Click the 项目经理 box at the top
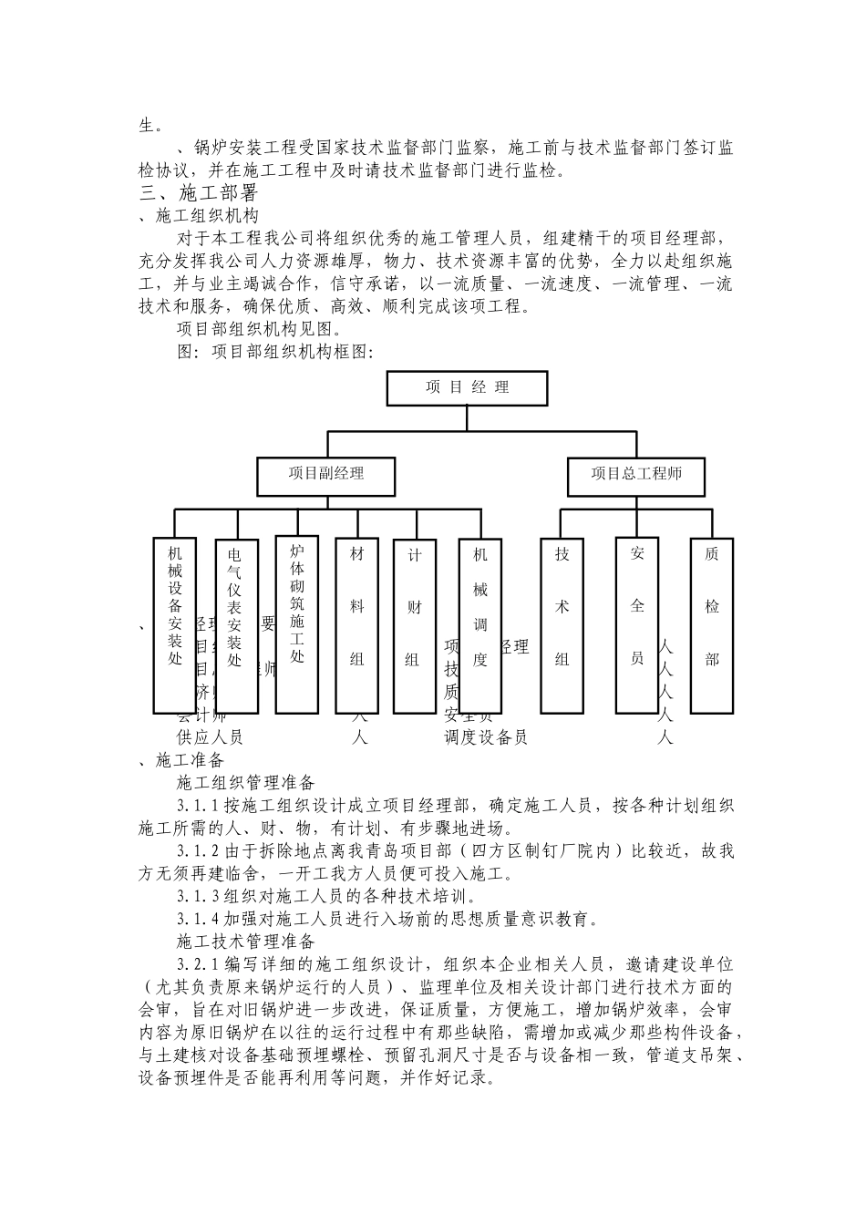pos(467,387)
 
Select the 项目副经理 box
pos(325,474)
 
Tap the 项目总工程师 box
pos(635,474)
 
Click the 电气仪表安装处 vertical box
pos(235,626)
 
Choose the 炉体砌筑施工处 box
pos(296,623)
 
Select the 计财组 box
pos(414,626)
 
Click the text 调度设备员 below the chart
pos(486,737)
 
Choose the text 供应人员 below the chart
pos(210,737)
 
